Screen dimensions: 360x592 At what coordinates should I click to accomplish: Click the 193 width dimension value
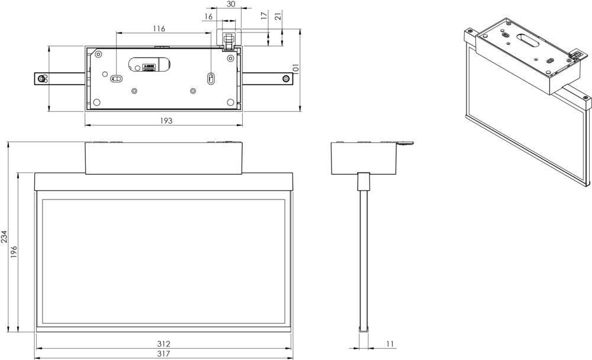(x=166, y=121)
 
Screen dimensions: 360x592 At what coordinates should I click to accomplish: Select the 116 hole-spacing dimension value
(x=159, y=28)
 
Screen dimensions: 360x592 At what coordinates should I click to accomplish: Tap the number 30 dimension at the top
(x=231, y=4)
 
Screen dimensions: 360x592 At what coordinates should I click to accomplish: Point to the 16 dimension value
(x=208, y=17)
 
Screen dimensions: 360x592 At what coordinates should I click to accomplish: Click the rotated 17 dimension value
(x=263, y=17)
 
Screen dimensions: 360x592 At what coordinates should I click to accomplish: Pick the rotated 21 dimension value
(x=278, y=17)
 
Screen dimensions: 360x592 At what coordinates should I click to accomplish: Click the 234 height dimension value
(x=5, y=237)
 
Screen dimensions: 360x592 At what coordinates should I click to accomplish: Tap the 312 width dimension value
(x=163, y=344)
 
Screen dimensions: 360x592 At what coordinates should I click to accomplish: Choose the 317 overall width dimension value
(x=163, y=354)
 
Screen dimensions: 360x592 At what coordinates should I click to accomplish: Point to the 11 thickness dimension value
(x=390, y=344)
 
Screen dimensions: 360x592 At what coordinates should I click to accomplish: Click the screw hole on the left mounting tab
(x=41, y=79)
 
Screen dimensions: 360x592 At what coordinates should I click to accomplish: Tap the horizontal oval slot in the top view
(x=117, y=77)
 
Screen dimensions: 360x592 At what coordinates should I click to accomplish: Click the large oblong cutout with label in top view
(x=150, y=64)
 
